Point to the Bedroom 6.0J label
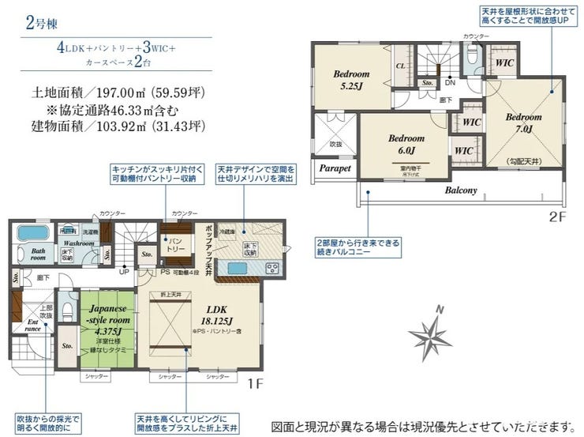click(406, 144)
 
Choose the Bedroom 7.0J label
click(525, 122)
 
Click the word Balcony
click(461, 190)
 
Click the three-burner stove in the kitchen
click(274, 268)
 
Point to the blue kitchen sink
click(237, 268)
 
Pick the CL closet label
click(401, 67)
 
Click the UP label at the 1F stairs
click(123, 271)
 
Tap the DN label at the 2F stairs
click(449, 82)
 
